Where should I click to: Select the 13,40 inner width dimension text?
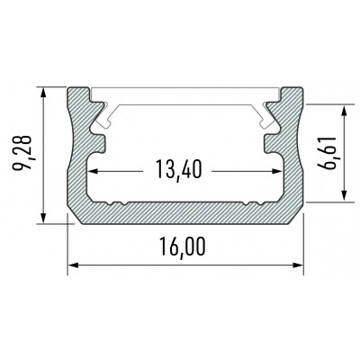click(177, 169)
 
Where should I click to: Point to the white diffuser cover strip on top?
click(185, 94)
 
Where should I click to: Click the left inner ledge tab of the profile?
click(98, 141)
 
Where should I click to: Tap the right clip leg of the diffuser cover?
click(265, 112)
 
